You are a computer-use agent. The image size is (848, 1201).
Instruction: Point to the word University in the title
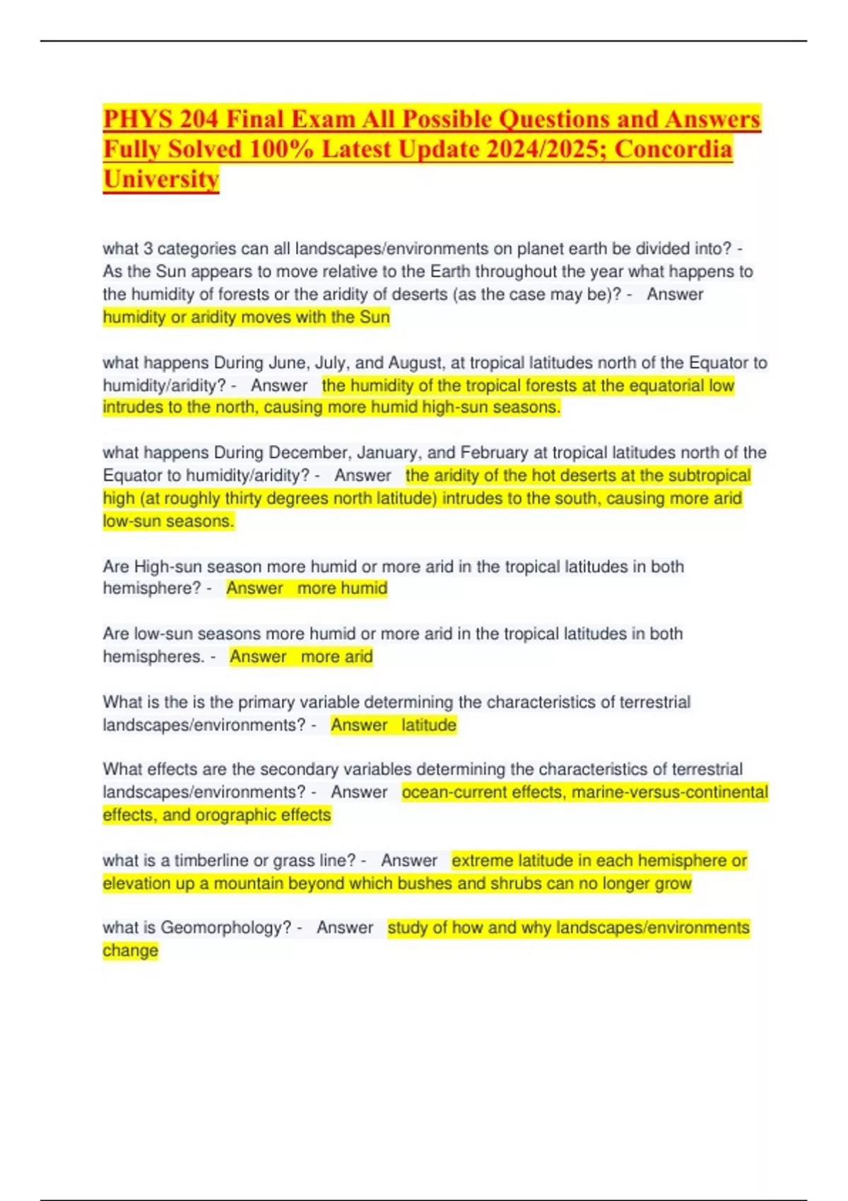161,179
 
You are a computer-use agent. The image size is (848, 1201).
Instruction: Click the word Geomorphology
225,928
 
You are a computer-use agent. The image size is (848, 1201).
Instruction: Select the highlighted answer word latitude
429,725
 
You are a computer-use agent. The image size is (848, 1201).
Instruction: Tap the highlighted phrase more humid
342,588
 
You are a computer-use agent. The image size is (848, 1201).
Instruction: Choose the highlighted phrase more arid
336,656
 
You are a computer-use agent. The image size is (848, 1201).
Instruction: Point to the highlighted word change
131,951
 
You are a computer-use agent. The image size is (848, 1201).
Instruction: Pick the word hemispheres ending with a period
153,656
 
